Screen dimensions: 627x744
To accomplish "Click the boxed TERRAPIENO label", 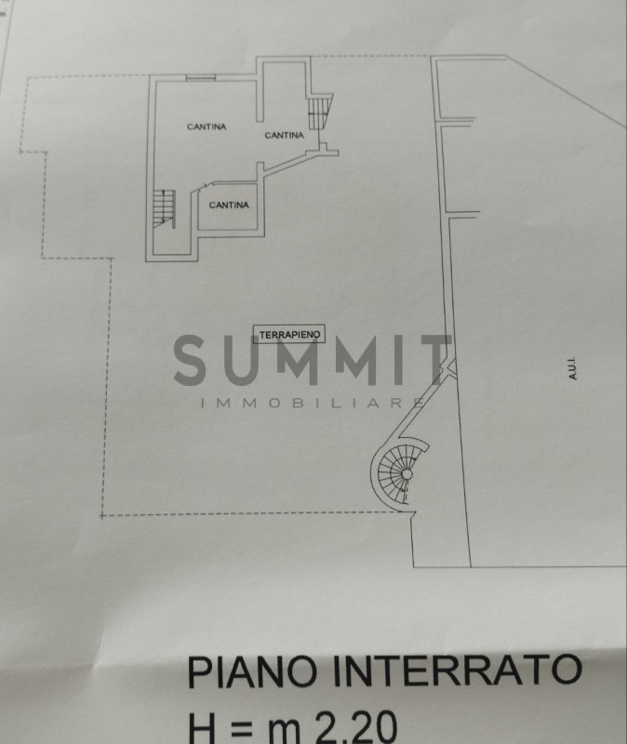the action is click(x=289, y=334).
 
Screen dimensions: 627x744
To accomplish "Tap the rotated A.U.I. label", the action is click(x=572, y=368).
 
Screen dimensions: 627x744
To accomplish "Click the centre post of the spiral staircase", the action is click(x=407, y=474).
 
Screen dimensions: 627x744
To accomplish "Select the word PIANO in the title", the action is click(x=252, y=671).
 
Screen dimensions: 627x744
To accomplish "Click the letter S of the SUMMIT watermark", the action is click(x=190, y=360).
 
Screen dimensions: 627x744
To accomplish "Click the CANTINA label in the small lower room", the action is click(x=229, y=205).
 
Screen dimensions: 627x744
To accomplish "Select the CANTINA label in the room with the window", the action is click(x=207, y=126).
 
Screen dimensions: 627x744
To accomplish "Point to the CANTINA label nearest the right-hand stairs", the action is click(x=285, y=135).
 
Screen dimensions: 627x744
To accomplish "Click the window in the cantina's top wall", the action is click(x=201, y=77).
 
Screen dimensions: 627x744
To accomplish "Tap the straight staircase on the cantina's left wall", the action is click(x=165, y=208).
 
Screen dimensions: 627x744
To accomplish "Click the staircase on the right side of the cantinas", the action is click(x=320, y=111).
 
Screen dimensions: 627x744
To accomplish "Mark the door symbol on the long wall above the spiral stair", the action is click(x=449, y=366).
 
